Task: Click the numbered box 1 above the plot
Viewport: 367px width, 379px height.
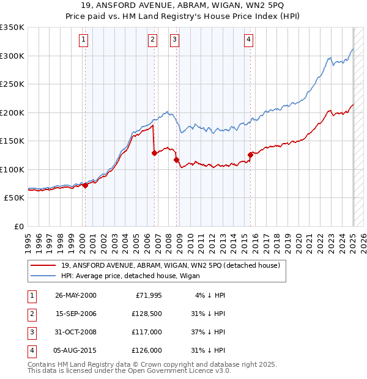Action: pos(83,40)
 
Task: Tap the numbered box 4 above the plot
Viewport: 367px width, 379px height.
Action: pos(249,40)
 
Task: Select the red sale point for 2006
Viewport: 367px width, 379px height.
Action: pos(154,153)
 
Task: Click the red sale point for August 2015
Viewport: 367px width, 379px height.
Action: pos(250,155)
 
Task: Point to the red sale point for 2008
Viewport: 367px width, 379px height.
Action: pos(177,160)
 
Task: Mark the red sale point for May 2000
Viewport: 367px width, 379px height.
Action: pos(85,185)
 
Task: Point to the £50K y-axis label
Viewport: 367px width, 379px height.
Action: pos(14,198)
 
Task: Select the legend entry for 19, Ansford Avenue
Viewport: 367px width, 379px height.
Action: pos(170,265)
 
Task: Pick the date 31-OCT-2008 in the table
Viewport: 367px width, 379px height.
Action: pos(76,332)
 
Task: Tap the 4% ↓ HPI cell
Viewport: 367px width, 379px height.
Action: pos(210,295)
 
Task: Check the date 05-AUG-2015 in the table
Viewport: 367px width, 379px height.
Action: pos(76,350)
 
